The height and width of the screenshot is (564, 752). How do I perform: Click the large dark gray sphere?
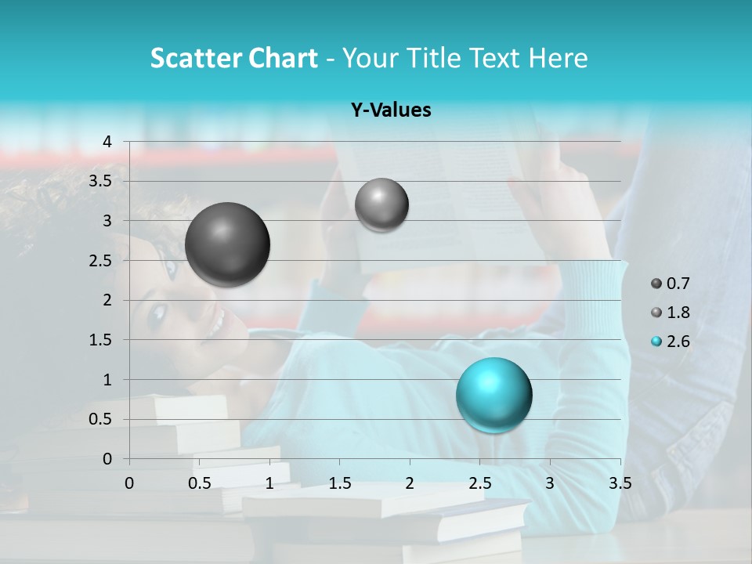coord(228,244)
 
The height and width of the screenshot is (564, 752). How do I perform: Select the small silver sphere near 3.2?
coord(381,204)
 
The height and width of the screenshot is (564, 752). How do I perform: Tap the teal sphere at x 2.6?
coord(493,395)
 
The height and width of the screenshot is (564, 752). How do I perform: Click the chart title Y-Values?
coord(391,110)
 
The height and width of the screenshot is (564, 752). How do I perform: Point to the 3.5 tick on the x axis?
coord(620,483)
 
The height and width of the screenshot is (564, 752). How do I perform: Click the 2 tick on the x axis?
coord(410,483)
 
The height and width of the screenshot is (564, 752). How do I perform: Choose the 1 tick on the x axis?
coord(269,483)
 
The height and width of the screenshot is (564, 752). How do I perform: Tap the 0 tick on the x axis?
coord(129,483)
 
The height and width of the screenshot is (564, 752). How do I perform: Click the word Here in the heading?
coord(557,58)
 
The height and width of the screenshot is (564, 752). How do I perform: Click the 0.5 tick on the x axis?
coord(200,483)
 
